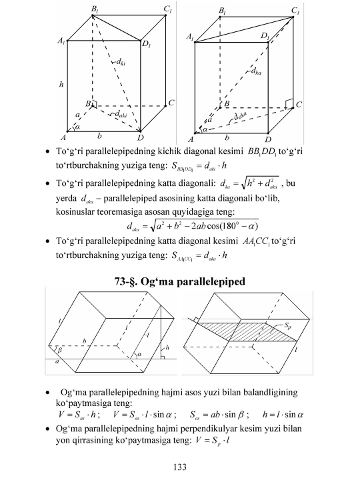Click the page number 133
point(180,467)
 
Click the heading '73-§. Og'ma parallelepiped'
point(180,281)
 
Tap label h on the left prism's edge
point(61,84)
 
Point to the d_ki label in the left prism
point(121,62)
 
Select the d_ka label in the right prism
point(256,71)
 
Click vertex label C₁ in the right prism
point(295,11)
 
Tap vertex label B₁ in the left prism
point(95,9)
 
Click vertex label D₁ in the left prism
point(146,44)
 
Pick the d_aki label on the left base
point(121,114)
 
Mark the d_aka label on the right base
point(240,116)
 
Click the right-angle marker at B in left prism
point(94,104)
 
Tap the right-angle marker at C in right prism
point(289,103)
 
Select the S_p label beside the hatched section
point(287,326)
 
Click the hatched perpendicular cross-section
point(248,331)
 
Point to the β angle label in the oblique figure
point(60,350)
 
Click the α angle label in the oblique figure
point(139,354)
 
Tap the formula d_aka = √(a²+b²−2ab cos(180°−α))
point(193,226)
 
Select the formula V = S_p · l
point(213,441)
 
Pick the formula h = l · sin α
point(283,415)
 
